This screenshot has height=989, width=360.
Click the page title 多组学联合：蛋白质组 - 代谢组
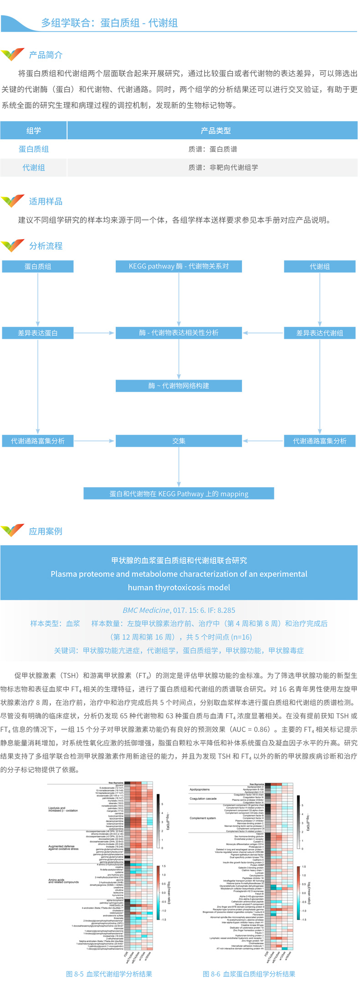109,23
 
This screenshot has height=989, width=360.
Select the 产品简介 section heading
46,55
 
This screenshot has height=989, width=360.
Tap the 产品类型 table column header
216,131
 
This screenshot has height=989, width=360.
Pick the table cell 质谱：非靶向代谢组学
223,167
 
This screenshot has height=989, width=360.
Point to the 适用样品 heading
46,201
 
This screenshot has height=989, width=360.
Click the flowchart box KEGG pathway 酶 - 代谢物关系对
179,266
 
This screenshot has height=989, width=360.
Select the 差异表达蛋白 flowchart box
38,333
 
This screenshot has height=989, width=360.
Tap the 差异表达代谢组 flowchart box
319,333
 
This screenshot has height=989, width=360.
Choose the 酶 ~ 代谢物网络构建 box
179,386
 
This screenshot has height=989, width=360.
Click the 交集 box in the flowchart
179,441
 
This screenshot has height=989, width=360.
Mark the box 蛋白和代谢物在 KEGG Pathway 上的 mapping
179,494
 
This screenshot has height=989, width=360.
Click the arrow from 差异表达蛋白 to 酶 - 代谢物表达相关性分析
94,333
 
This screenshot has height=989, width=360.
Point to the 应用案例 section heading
46,531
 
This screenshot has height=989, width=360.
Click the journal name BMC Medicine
146,610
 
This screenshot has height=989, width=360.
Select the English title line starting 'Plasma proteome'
179,574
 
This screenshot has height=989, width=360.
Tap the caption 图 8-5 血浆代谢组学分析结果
109,974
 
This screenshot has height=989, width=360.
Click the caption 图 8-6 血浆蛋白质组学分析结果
249,974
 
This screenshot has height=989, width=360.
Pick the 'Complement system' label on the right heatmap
203,818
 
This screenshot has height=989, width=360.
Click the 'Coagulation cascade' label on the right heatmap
203,798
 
